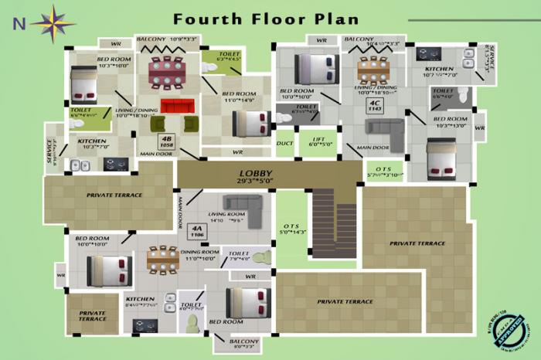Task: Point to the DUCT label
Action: pyautogui.click(x=284, y=143)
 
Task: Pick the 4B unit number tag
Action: pyautogui.click(x=165, y=141)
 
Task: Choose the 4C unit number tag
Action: pyautogui.click(x=375, y=106)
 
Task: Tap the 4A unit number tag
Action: pyautogui.click(x=197, y=232)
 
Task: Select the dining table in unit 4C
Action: pyautogui.click(x=375, y=71)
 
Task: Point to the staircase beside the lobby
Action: pyautogui.click(x=333, y=224)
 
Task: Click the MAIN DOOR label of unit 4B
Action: pyautogui.click(x=155, y=154)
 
